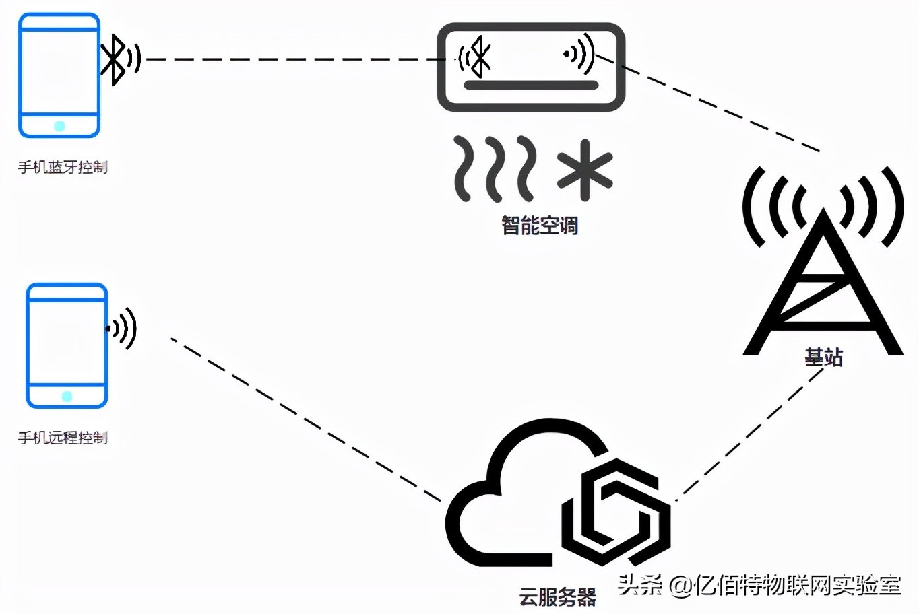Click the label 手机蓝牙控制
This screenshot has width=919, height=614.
pos(63,167)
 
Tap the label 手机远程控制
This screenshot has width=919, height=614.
pos(63,438)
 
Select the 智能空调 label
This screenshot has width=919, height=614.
pos(540,225)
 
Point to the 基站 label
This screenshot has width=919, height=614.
pos(823,357)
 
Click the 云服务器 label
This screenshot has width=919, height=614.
pos(558,596)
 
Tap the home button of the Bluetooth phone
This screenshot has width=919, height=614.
pos(59,126)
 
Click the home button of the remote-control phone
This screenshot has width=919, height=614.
pos(67,396)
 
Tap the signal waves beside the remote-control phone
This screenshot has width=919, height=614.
pos(123,329)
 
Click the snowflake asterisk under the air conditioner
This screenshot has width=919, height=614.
pos(585,170)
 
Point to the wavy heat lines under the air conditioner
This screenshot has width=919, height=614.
pos(495,168)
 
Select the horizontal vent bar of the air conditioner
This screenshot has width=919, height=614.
pos(531,85)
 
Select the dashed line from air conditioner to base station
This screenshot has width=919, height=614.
pos(721,108)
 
